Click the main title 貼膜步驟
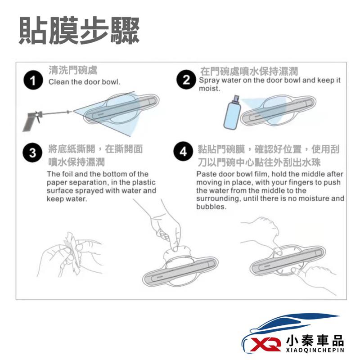(x=79, y=31)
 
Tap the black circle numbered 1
(x=31, y=81)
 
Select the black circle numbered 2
(x=186, y=81)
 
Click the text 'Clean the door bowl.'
(x=84, y=82)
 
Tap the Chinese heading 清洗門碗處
(x=73, y=71)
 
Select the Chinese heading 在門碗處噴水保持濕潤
(x=249, y=72)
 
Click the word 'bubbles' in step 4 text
(x=211, y=207)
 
